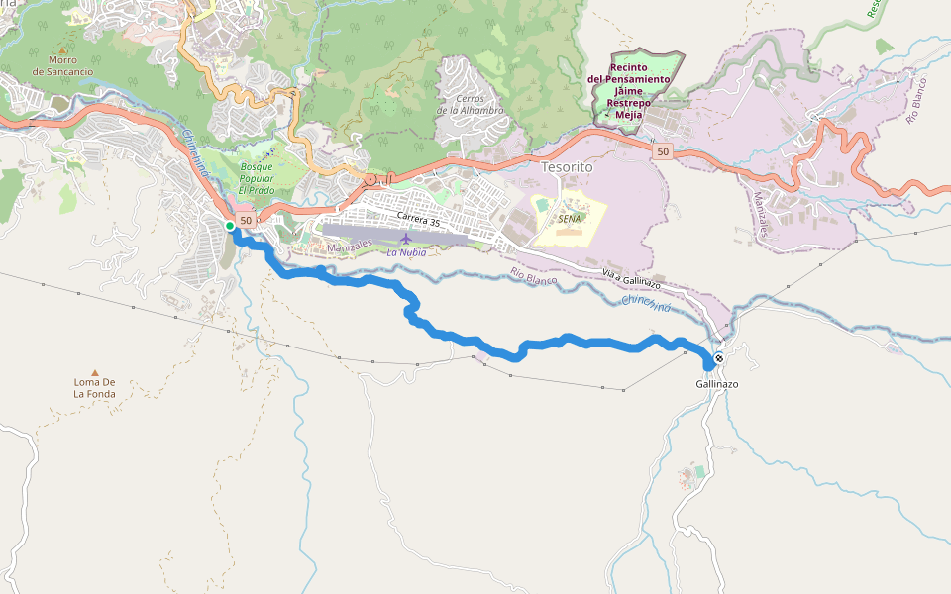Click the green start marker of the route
tap(230, 226)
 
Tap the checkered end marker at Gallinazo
tap(718, 358)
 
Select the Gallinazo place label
tap(717, 383)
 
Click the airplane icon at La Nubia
tap(406, 238)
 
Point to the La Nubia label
tap(406, 252)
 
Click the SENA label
tap(570, 218)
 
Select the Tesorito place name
tap(567, 167)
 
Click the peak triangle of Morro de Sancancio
tap(62, 49)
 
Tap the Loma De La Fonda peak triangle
tap(95, 372)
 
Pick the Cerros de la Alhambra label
tap(470, 104)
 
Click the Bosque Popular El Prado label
tap(257, 178)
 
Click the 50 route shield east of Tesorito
tap(663, 151)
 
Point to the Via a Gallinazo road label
tap(631, 278)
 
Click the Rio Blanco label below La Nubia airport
tap(534, 277)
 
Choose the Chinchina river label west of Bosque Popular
tap(195, 153)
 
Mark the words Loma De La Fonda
tap(95, 387)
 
